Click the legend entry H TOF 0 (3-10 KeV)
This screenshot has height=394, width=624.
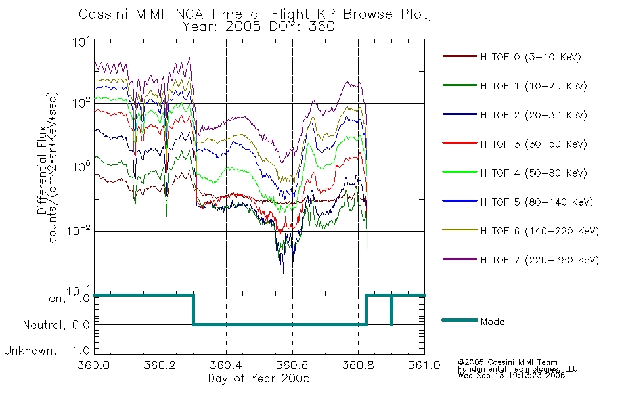[531, 57]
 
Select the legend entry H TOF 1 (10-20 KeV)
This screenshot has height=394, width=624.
[533, 86]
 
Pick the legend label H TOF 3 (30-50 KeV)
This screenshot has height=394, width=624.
[533, 144]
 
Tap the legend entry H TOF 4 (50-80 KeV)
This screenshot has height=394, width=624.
[533, 173]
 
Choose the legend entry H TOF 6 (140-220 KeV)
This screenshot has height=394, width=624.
[540, 231]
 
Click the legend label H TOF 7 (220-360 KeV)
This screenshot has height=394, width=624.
[540, 260]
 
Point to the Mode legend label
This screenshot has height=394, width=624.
[492, 322]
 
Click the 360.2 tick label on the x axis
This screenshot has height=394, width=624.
[160, 365]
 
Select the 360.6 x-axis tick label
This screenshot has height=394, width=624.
[292, 365]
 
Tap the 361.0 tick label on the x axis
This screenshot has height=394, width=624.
[424, 365]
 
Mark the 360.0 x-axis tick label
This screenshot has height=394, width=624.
[93, 365]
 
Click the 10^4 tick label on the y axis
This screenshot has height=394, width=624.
[81, 41]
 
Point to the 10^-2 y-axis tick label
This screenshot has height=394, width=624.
[78, 230]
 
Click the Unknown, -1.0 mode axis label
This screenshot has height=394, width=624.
[47, 351]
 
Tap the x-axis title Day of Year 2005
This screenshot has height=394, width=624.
[259, 378]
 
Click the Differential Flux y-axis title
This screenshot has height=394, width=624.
[42, 170]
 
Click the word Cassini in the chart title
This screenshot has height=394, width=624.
[104, 14]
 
